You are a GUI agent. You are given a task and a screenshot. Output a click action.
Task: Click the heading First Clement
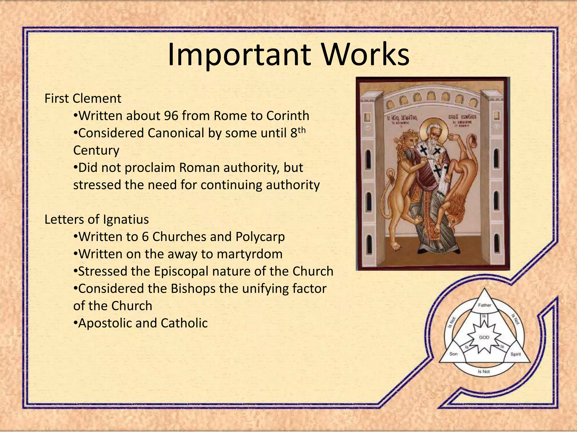pyautogui.click(x=83, y=98)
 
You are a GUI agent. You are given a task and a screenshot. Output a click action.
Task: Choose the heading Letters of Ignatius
pyautogui.click(x=96, y=219)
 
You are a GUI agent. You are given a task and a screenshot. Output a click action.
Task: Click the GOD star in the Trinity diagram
pyautogui.click(x=484, y=337)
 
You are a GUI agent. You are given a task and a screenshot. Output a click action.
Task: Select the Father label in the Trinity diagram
pyautogui.click(x=484, y=305)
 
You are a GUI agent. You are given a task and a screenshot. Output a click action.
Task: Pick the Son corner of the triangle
pyautogui.click(x=453, y=354)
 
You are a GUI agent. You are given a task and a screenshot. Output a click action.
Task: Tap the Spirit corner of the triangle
pyautogui.click(x=515, y=354)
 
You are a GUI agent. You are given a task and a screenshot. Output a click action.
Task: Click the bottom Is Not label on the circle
pyautogui.click(x=484, y=372)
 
